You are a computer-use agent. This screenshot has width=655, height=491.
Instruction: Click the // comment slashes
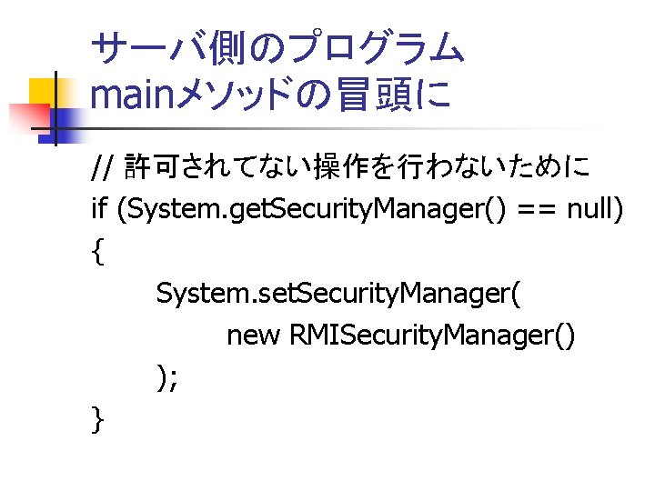click(x=103, y=167)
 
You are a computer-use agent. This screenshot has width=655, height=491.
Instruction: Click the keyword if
click(x=100, y=210)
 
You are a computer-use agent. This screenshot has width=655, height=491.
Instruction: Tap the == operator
click(x=536, y=211)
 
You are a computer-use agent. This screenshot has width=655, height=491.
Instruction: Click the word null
click(x=594, y=210)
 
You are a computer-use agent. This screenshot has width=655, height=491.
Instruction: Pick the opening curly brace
click(x=97, y=253)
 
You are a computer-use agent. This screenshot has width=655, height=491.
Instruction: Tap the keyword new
click(x=254, y=336)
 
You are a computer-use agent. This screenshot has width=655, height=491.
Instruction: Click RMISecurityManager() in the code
click(x=432, y=336)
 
